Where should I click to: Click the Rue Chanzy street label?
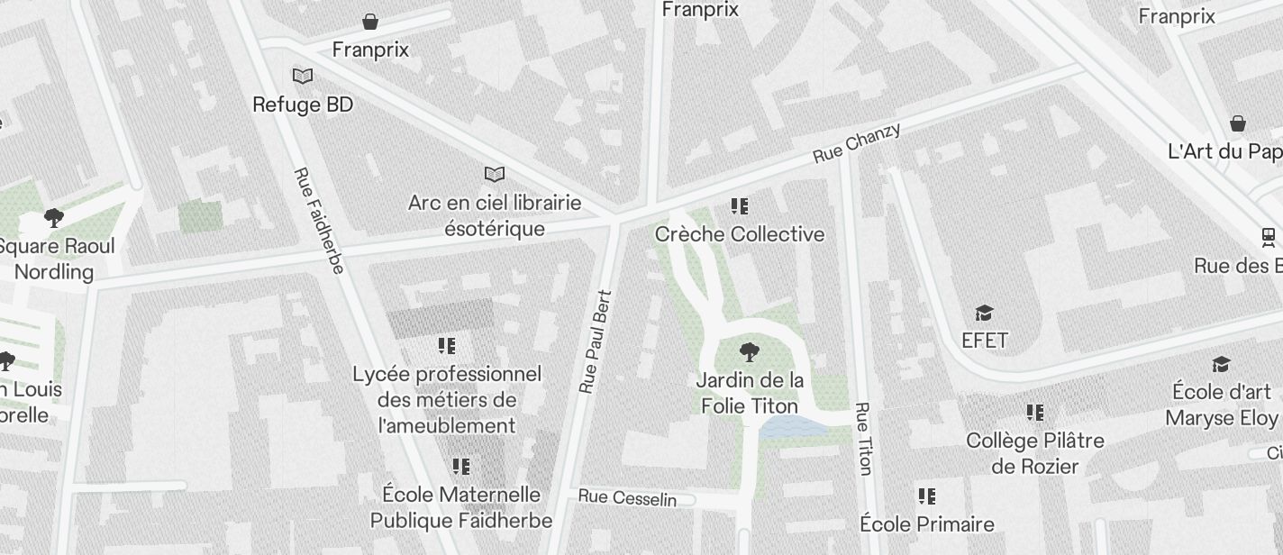point(856,143)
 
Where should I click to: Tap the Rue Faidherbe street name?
point(318,221)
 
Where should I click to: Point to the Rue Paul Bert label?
point(596,341)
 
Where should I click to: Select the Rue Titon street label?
point(864,438)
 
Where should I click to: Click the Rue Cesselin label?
point(627,497)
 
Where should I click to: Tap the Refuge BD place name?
point(303,105)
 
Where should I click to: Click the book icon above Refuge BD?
point(303,77)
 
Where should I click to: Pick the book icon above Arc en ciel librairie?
point(495,174)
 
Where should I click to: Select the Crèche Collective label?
point(740,234)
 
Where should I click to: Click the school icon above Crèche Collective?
point(740,206)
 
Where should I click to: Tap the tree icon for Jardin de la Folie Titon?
point(749,352)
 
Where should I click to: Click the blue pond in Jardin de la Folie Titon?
point(792,428)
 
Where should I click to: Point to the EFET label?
point(984,341)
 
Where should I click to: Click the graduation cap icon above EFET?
point(984,313)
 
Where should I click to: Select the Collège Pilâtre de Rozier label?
point(1035,453)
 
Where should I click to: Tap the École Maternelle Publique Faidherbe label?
point(461,507)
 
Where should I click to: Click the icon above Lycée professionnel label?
point(447,346)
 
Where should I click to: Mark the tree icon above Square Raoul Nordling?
point(54,217)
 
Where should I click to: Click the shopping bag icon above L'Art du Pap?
point(1239,123)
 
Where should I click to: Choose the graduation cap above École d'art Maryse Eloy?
point(1221,364)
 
